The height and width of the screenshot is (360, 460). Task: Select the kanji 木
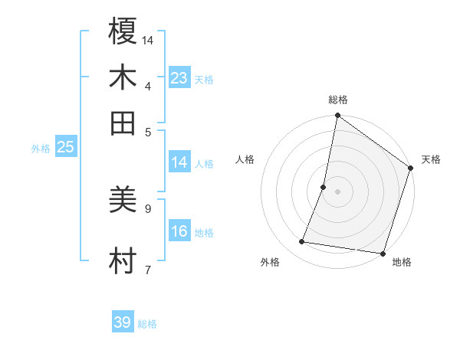tap(123, 77)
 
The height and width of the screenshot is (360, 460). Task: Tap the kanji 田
tap(123, 123)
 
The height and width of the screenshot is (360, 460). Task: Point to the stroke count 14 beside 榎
tap(148, 39)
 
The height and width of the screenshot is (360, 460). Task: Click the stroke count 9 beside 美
tap(148, 208)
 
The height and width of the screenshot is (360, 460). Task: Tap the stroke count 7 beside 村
tap(148, 269)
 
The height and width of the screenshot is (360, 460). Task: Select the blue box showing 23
tap(179, 78)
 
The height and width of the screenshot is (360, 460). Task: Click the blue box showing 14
tap(179, 162)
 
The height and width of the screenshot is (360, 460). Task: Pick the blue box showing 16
tap(179, 231)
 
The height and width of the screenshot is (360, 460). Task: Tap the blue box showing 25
tap(66, 147)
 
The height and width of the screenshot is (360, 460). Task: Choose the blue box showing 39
tap(123, 322)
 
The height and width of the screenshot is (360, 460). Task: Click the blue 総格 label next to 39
tap(147, 324)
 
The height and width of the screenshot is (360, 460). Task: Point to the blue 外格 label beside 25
tap(41, 149)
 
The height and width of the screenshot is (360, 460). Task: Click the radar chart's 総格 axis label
tap(338, 100)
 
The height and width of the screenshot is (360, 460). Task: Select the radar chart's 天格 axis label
tap(431, 159)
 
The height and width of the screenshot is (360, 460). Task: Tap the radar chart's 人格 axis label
tap(245, 159)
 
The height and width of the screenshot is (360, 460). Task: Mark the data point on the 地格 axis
tap(383, 253)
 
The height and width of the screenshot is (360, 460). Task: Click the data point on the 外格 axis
tap(302, 242)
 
